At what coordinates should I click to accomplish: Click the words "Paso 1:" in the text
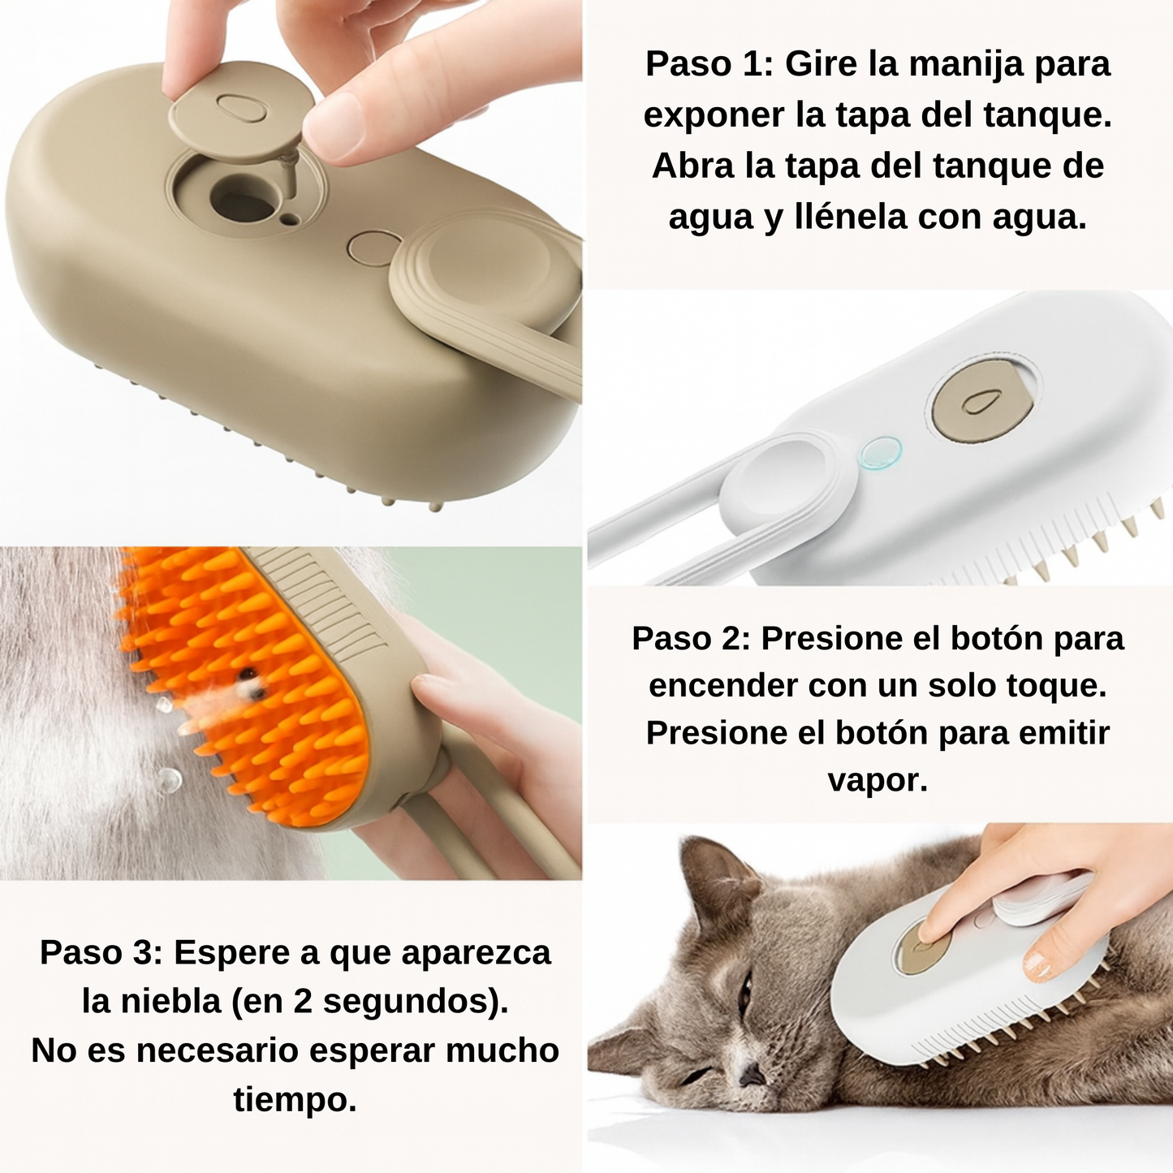(x=709, y=65)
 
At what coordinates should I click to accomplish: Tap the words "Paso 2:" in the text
(x=691, y=639)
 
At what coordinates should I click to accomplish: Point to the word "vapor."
(x=878, y=780)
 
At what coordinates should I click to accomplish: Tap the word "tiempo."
(x=295, y=1100)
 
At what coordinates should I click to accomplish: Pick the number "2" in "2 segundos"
(x=304, y=1002)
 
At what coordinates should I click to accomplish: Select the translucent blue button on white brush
(x=882, y=453)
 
